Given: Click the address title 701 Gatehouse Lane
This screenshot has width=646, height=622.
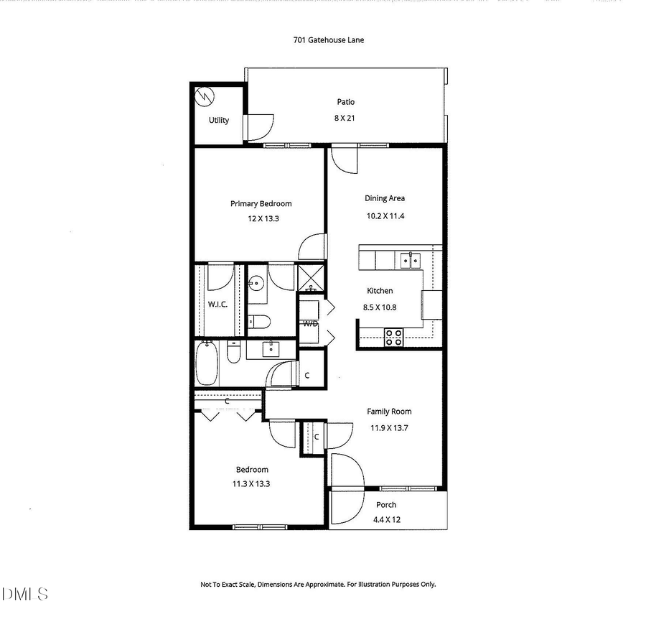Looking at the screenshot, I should tap(328, 40).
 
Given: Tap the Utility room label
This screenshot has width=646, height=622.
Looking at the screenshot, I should tap(219, 120).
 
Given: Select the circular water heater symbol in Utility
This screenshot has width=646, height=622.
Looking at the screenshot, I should tap(205, 94).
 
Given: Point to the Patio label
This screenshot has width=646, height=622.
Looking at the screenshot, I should tap(345, 102).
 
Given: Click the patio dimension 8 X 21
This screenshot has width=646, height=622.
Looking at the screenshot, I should tap(345, 118).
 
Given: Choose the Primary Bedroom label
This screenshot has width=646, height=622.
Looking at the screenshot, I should tap(261, 204).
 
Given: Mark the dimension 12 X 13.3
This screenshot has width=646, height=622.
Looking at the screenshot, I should tap(260, 218).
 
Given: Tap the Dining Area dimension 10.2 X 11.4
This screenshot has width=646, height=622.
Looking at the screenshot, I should tap(385, 216).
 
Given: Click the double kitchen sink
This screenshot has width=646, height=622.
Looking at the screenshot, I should tap(410, 259).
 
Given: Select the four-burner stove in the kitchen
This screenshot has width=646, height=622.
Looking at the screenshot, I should tap(393, 337).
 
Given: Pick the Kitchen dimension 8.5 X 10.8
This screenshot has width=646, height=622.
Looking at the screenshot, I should tap(380, 307).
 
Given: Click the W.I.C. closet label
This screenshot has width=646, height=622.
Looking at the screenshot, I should tap(217, 305).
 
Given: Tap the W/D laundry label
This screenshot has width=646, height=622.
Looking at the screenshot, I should tap(310, 323).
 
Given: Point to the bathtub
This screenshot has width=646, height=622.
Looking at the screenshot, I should tap(207, 363).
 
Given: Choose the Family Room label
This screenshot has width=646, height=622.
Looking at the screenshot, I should tap(389, 412).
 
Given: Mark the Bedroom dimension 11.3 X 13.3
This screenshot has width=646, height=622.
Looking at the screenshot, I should tap(251, 484).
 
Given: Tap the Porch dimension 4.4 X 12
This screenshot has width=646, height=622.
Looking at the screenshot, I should tap(386, 520).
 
